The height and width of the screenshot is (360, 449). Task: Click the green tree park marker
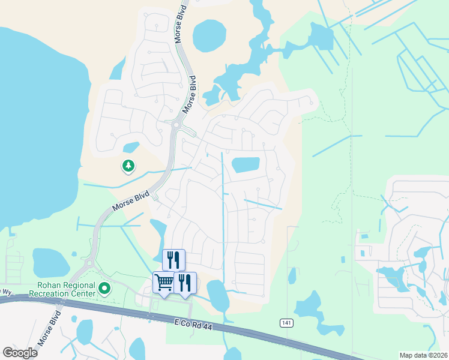click(128, 166)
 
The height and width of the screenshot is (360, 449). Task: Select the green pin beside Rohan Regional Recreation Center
click(104, 289)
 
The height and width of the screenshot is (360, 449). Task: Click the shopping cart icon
click(164, 281)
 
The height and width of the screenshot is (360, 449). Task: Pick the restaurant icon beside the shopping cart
click(185, 281)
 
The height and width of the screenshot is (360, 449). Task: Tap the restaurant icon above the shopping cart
click(173, 259)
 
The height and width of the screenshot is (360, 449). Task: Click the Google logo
click(20, 352)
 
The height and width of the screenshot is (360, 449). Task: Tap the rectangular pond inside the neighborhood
click(246, 165)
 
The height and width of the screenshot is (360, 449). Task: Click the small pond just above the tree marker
click(131, 147)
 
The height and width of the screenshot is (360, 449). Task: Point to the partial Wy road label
click(6, 292)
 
